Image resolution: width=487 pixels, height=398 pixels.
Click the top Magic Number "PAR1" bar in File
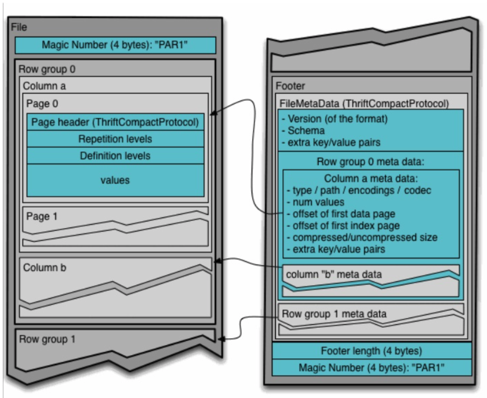click(x=115, y=45)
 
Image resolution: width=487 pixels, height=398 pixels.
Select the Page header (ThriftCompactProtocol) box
click(x=115, y=122)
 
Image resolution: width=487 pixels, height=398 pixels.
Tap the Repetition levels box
click(x=115, y=139)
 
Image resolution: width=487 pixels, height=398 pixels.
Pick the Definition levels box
click(x=115, y=155)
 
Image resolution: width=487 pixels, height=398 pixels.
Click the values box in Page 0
click(x=115, y=180)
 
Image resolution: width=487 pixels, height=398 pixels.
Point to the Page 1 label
click(x=42, y=216)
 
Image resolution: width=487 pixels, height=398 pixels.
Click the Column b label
click(x=45, y=268)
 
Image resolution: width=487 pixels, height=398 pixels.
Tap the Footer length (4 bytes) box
click(x=371, y=351)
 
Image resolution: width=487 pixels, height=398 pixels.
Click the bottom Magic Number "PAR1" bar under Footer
click(x=371, y=367)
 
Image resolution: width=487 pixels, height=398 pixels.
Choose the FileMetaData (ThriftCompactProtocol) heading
click(x=363, y=103)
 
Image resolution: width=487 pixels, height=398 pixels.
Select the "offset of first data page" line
click(x=338, y=214)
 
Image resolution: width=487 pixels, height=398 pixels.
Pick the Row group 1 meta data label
click(x=334, y=314)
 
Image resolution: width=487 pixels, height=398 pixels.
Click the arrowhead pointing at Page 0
click(x=213, y=113)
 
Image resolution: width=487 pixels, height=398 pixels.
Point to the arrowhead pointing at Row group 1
click(x=221, y=339)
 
